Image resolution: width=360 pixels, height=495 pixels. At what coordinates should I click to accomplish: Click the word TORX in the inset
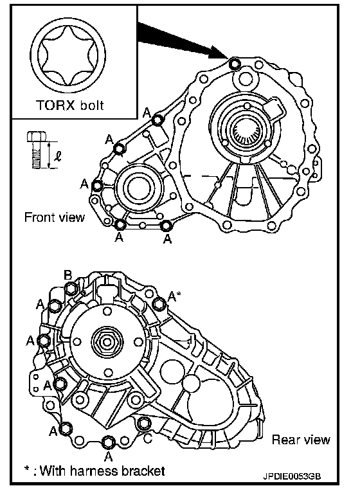56,105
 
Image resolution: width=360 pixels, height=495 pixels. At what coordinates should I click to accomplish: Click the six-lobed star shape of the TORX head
68,55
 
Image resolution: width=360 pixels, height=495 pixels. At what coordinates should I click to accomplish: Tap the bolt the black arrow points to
235,64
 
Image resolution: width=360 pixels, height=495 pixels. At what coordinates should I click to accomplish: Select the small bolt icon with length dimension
37,150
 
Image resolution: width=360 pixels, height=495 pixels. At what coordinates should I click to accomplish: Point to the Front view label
55,217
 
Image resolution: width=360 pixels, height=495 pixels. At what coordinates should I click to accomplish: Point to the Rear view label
301,440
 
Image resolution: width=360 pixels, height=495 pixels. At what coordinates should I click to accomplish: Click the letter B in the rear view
68,275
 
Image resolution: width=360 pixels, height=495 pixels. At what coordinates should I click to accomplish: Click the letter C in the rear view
147,438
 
